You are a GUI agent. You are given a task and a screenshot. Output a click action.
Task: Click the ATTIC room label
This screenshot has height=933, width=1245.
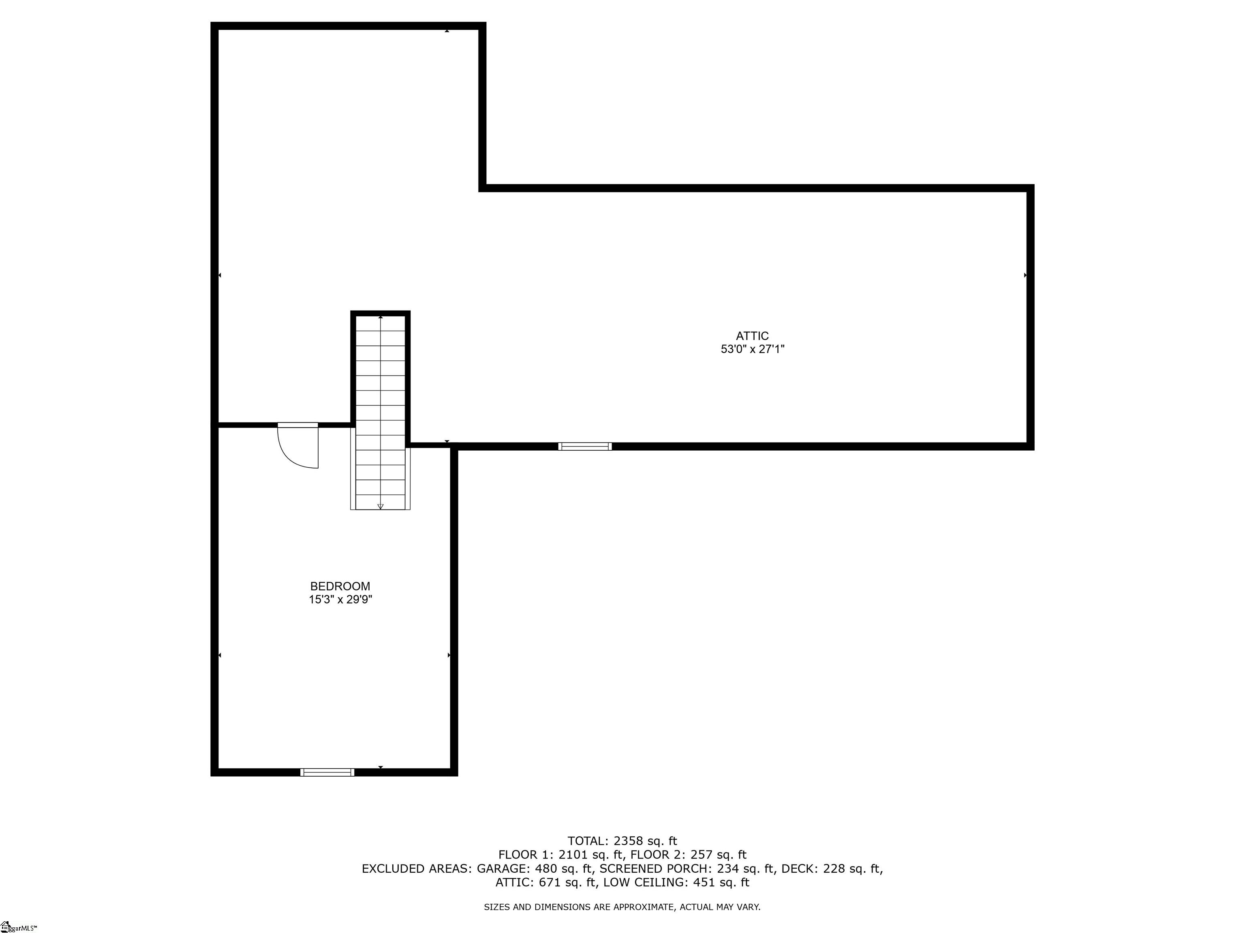pyautogui.click(x=752, y=336)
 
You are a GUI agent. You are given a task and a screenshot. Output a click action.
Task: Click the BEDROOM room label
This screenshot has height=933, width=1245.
pyautogui.click(x=340, y=586)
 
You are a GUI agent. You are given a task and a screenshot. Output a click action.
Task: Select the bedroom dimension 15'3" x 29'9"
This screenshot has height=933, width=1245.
pyautogui.click(x=340, y=599)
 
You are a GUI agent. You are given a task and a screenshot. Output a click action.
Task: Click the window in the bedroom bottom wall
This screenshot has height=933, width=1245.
pyautogui.click(x=327, y=772)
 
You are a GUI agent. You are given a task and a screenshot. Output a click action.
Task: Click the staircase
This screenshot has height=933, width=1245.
pyautogui.click(x=381, y=411)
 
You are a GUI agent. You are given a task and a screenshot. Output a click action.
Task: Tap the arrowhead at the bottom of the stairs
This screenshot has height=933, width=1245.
pyautogui.click(x=381, y=506)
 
